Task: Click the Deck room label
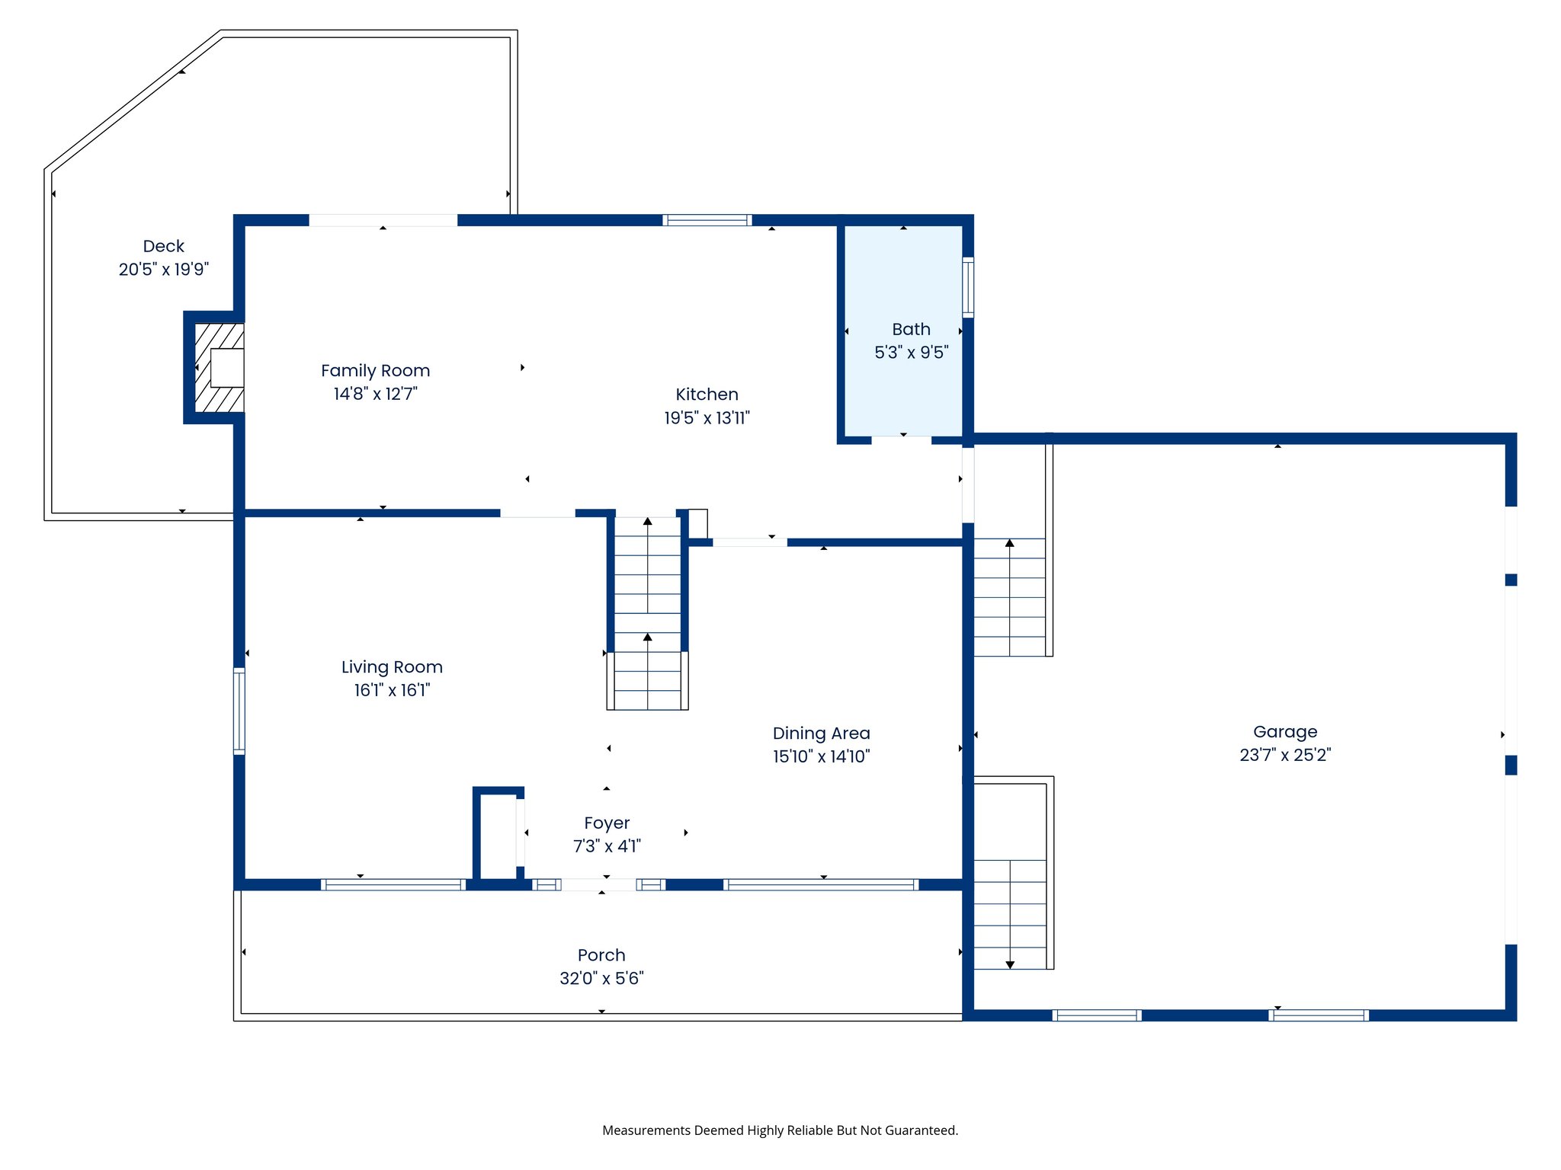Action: click(163, 246)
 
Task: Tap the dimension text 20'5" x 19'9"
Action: click(163, 269)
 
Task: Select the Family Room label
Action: click(375, 371)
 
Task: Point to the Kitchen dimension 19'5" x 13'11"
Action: click(707, 417)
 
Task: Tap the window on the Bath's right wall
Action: click(967, 287)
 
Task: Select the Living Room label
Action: click(392, 667)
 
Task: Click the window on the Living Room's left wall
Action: click(239, 711)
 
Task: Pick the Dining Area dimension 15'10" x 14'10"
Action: click(821, 756)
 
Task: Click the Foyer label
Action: click(607, 823)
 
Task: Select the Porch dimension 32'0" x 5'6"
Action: click(601, 978)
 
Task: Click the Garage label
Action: click(1285, 732)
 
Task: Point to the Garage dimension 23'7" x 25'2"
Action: click(1285, 755)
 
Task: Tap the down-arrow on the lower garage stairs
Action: click(1010, 964)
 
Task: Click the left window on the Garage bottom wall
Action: click(1096, 1015)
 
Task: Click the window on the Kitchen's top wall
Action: click(707, 220)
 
